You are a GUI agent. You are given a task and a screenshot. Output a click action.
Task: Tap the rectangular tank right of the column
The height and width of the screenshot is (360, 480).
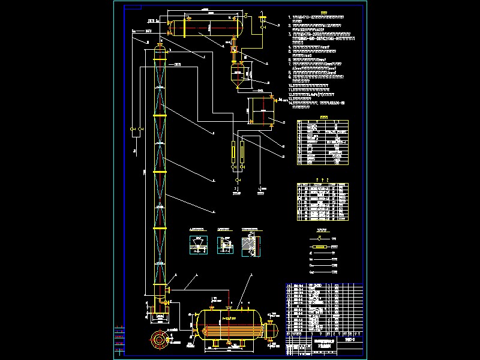tap(262, 110)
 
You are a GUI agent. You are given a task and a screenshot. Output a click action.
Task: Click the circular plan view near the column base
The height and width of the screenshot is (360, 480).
tap(160, 339)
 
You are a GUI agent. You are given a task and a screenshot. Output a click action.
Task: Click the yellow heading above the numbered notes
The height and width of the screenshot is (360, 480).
tap(324, 11)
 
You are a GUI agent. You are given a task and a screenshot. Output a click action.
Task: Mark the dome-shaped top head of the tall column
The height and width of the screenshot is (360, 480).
tap(160, 49)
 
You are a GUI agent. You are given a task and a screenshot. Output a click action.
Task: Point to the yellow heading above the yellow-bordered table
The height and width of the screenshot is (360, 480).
tap(324, 118)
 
